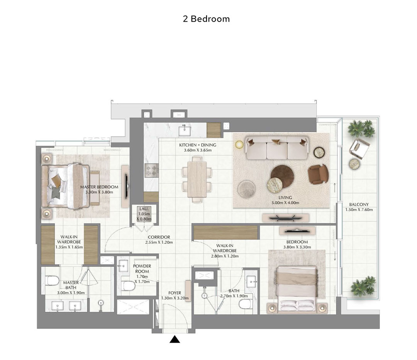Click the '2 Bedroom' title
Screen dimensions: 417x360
pos(206,19)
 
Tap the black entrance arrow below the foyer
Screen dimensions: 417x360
pos(175,339)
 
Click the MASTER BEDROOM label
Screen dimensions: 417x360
pos(99,187)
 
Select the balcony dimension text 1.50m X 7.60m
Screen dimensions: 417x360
pos(359,210)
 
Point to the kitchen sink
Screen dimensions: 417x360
pos(185,131)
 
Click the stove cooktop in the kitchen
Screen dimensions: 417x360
pos(152,171)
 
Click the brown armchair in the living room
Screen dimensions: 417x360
pos(318,175)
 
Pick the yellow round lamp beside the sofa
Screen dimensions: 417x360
pos(239,144)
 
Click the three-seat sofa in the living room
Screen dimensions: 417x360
pos(277,148)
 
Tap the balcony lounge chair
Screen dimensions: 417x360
pos(359,148)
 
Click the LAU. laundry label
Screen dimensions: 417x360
pos(144,209)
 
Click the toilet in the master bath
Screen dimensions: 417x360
pos(52,280)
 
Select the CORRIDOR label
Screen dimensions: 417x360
pos(159,237)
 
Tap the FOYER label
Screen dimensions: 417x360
pos(175,293)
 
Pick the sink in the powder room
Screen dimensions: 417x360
pos(123,266)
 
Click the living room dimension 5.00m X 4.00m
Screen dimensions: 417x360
pos(285,203)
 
